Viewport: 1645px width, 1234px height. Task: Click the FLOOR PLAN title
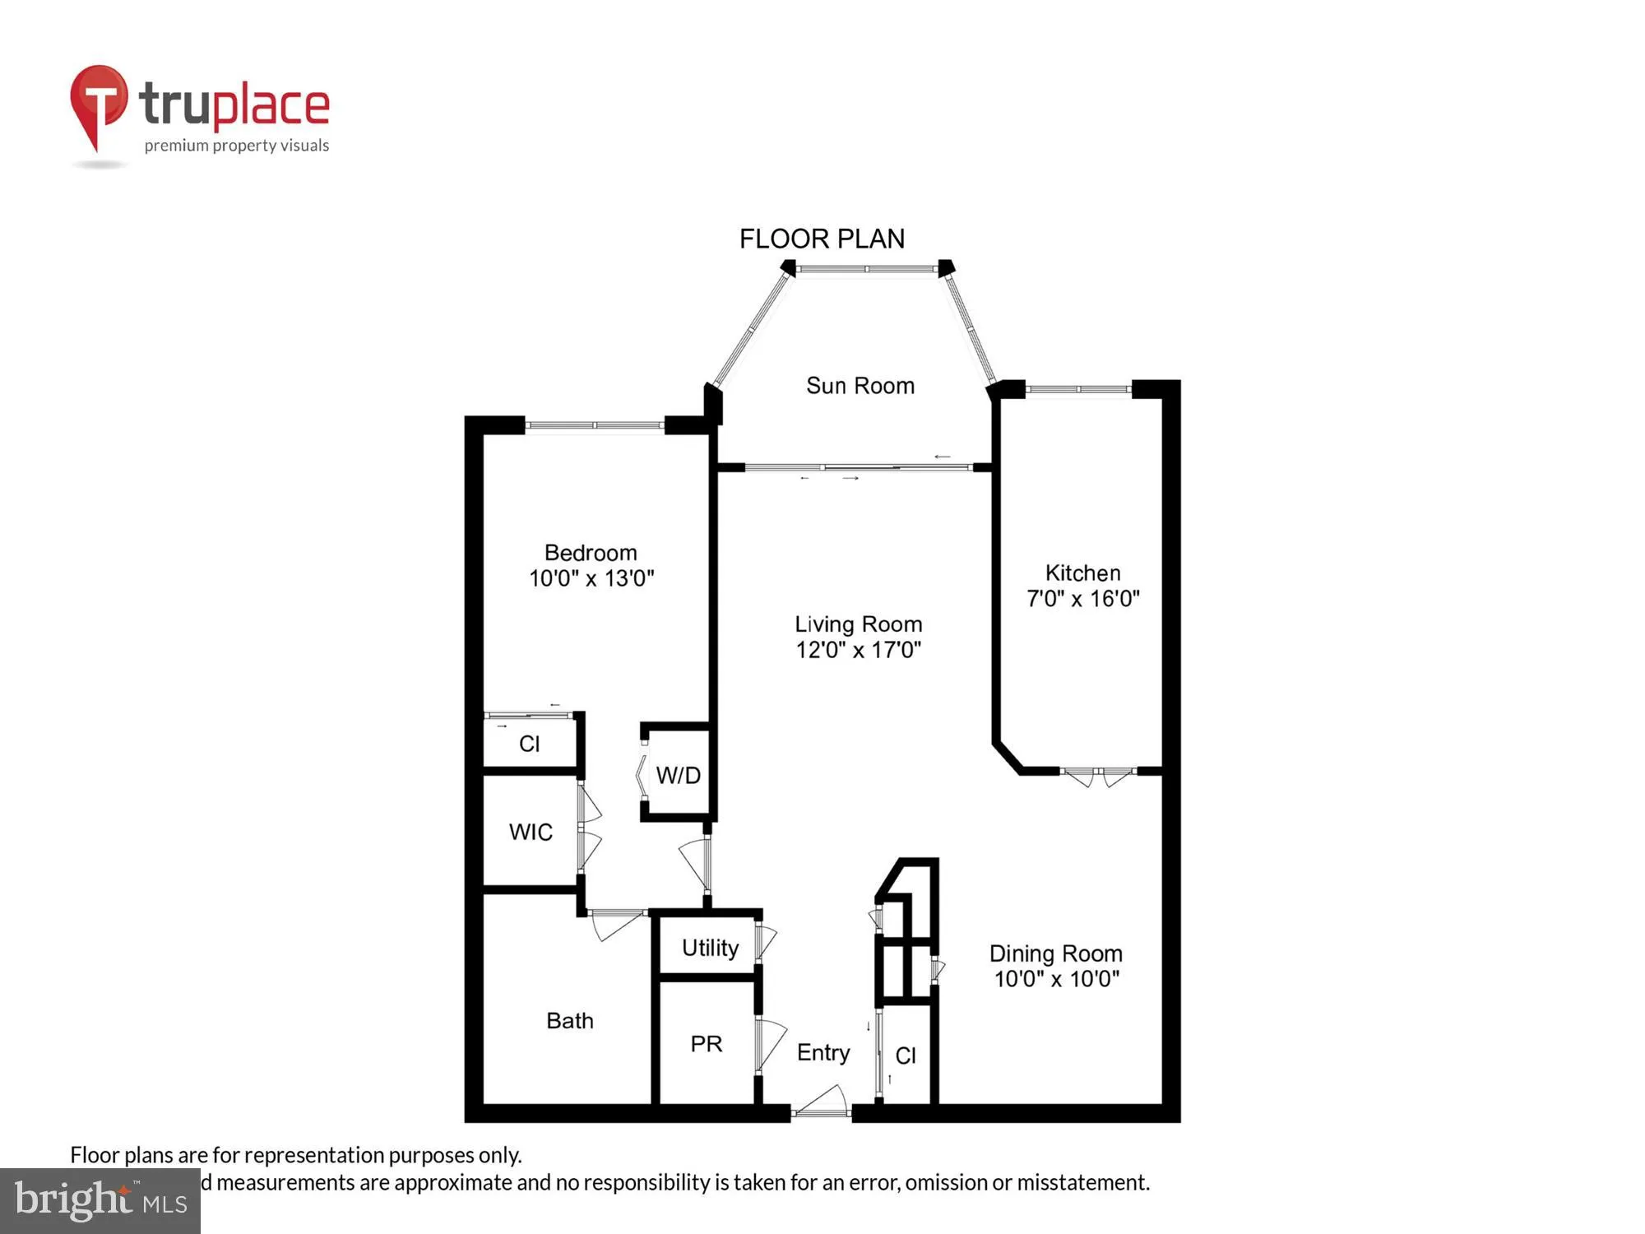tap(822, 239)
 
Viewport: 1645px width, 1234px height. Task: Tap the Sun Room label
tap(860, 386)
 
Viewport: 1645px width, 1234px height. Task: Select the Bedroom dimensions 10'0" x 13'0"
tap(591, 578)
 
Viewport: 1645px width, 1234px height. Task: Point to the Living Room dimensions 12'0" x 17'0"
tap(858, 650)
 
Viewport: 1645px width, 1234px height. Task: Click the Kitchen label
tap(1082, 573)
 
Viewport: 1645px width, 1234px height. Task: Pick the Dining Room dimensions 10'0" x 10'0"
tap(1056, 979)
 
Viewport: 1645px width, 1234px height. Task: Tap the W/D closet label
tap(678, 775)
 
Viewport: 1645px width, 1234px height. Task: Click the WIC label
tap(531, 832)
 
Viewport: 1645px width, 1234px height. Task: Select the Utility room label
tap(710, 948)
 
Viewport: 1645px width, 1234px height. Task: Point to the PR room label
tap(706, 1044)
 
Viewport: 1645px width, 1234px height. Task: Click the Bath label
tap(569, 1021)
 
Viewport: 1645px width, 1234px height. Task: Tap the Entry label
tap(822, 1053)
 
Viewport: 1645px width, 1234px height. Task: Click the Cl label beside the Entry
tap(906, 1055)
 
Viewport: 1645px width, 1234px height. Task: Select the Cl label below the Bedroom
tap(529, 744)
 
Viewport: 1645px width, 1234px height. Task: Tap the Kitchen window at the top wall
tap(1078, 389)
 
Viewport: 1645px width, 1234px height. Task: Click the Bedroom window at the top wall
tap(594, 425)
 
